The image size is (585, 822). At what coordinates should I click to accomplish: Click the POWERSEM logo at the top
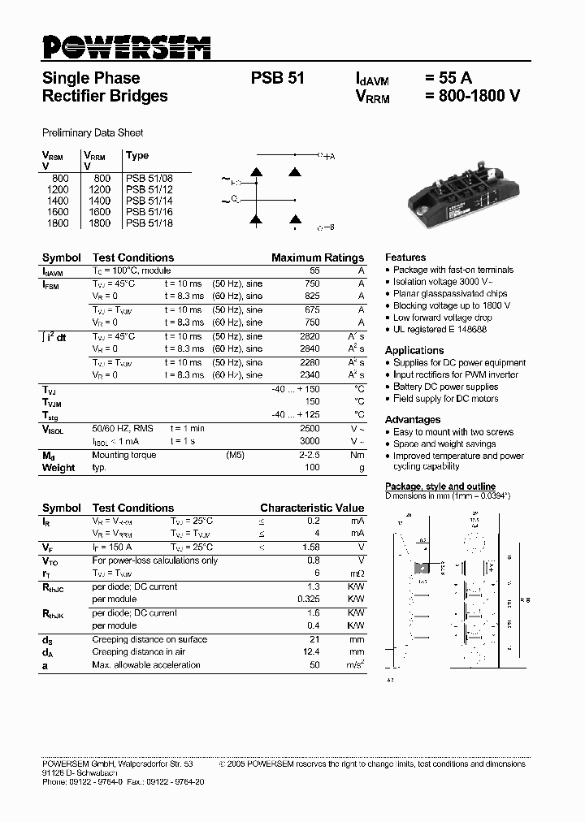(126, 47)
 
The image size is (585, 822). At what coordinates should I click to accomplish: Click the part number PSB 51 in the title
(278, 79)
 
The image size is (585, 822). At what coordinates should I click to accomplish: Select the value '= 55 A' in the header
(448, 79)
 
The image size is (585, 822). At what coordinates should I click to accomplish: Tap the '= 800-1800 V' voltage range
(472, 96)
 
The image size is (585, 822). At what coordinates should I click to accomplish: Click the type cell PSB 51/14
(149, 200)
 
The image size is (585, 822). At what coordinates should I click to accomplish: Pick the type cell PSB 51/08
(149, 177)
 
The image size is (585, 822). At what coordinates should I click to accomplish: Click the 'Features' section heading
(405, 257)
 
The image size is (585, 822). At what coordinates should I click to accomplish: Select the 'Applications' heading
(414, 350)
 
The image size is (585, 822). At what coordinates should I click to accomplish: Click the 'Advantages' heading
(413, 419)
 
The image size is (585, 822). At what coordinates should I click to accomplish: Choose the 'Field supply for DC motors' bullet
(445, 399)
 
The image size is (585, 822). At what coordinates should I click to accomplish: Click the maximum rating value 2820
(310, 336)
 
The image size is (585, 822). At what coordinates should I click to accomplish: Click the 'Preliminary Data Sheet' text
(93, 132)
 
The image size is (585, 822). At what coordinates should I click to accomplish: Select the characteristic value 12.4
(310, 652)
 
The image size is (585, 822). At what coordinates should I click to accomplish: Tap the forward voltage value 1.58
(310, 547)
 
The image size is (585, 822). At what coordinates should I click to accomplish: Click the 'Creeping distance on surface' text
(149, 639)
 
